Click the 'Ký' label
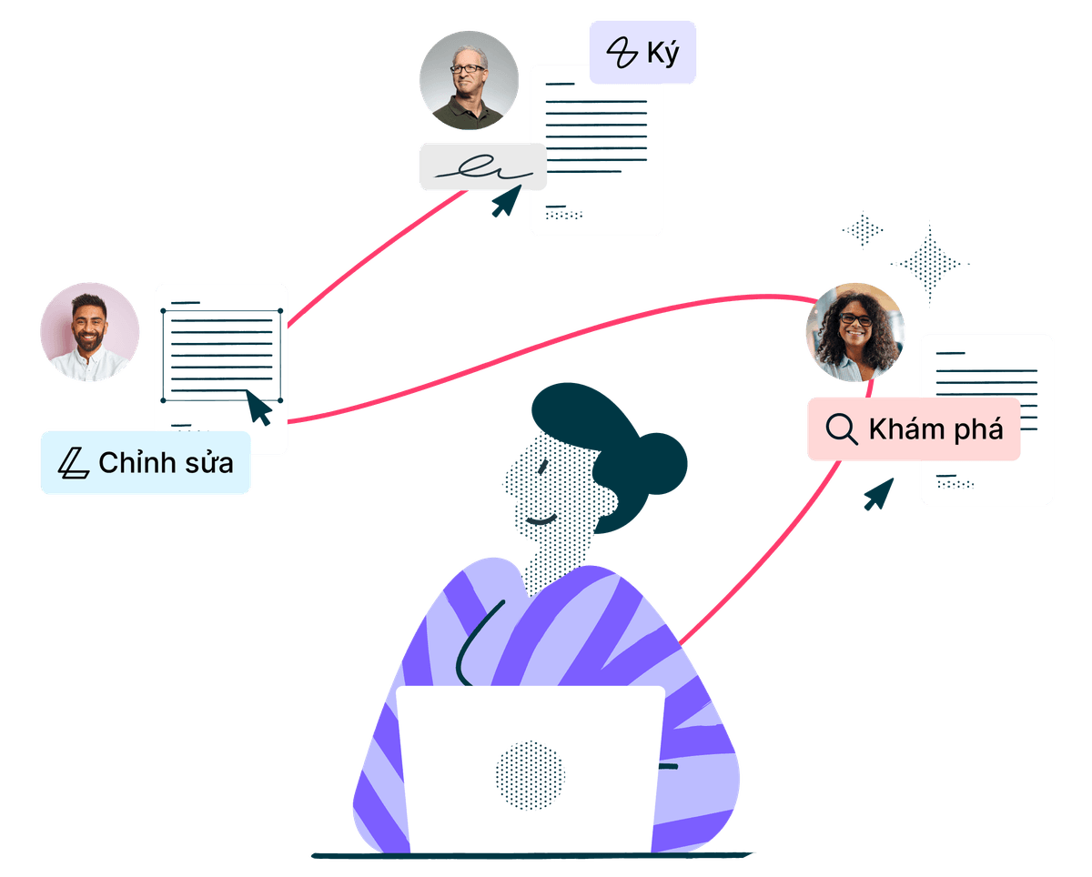tap(642, 53)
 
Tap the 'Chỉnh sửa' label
tap(146, 463)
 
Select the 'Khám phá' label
tap(913, 428)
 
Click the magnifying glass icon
tap(842, 428)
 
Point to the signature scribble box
tap(481, 166)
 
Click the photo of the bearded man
tap(89, 331)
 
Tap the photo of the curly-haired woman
tap(854, 332)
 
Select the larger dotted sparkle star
tap(929, 264)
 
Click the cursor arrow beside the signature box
tap(506, 201)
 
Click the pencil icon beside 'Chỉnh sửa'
tap(73, 464)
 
